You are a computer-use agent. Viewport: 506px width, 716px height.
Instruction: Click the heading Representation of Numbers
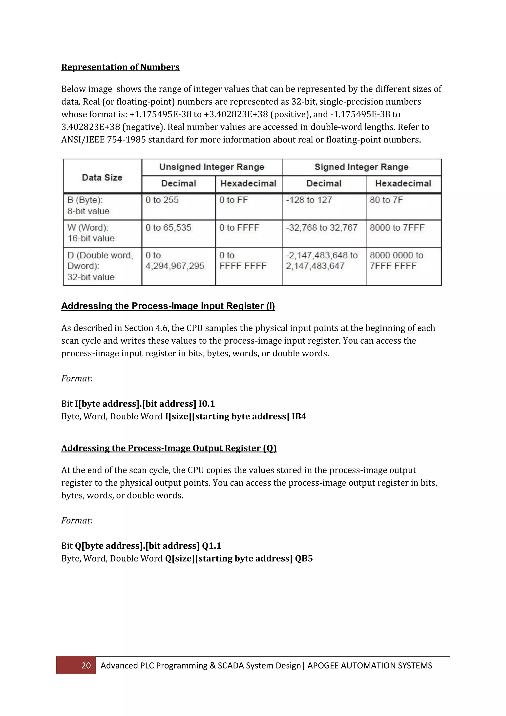pyautogui.click(x=120, y=67)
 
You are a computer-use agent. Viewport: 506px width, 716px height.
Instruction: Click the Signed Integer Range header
pyautogui.click(x=361, y=167)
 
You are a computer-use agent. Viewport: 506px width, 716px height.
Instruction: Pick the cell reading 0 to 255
pyautogui.click(x=162, y=200)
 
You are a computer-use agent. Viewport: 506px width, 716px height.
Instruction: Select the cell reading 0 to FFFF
pyautogui.click(x=239, y=228)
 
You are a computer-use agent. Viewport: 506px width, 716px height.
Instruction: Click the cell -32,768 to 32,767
pyautogui.click(x=321, y=228)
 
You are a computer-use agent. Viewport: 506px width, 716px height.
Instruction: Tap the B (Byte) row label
pyautogui.click(x=88, y=205)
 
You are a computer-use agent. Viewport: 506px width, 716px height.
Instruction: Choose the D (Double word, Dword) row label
pyautogui.click(x=100, y=266)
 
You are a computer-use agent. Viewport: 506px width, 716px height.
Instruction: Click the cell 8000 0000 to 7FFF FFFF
pyautogui.click(x=396, y=261)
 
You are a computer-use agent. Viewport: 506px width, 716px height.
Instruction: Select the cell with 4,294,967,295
pyautogui.click(x=174, y=266)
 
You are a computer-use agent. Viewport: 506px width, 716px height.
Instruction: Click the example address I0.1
pyautogui.click(x=207, y=404)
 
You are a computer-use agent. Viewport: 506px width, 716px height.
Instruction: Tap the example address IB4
pyautogui.click(x=299, y=417)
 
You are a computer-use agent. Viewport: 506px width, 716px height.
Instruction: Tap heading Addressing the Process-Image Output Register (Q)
pyautogui.click(x=169, y=448)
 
